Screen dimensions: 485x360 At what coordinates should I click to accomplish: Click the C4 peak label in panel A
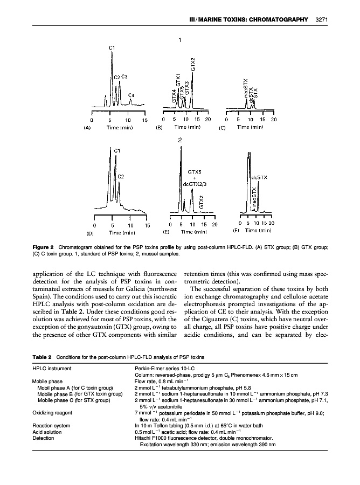coord(131,95)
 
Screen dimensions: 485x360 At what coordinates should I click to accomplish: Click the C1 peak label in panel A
coord(112,48)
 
